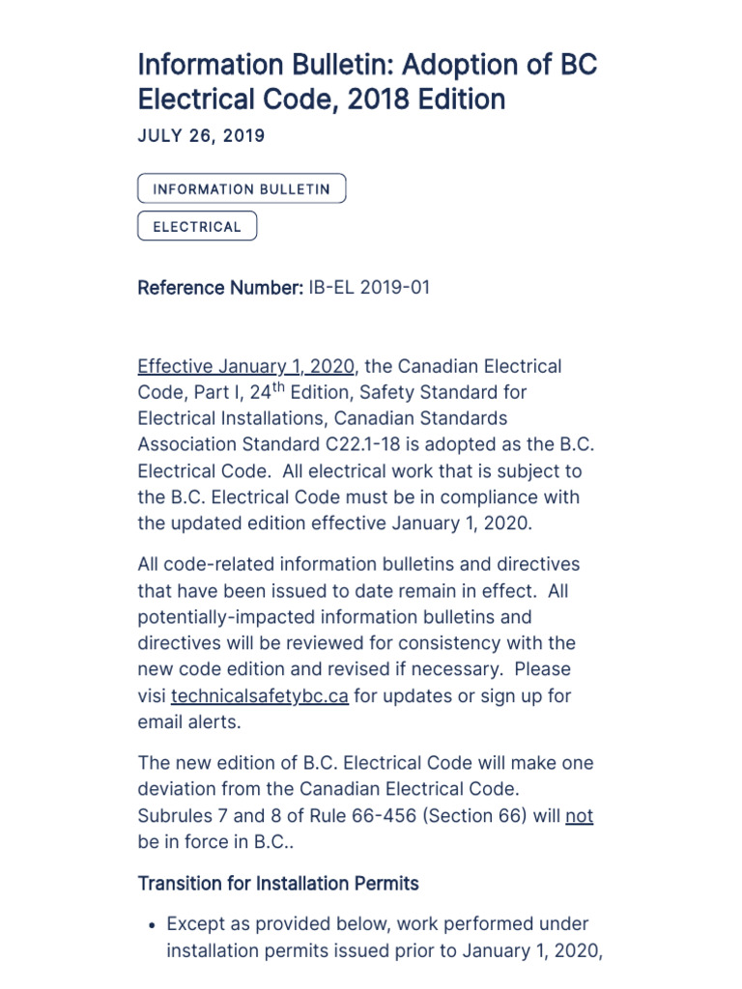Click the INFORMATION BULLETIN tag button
click(242, 189)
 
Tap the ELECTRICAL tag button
click(197, 227)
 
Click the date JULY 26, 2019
click(201, 136)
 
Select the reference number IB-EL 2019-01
click(369, 288)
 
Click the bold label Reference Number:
click(220, 288)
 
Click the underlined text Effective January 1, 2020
click(246, 367)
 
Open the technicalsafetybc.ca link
click(260, 696)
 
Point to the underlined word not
click(579, 816)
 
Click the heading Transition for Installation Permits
click(278, 884)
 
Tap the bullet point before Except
click(152, 925)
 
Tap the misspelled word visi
click(152, 696)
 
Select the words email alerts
click(190, 722)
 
